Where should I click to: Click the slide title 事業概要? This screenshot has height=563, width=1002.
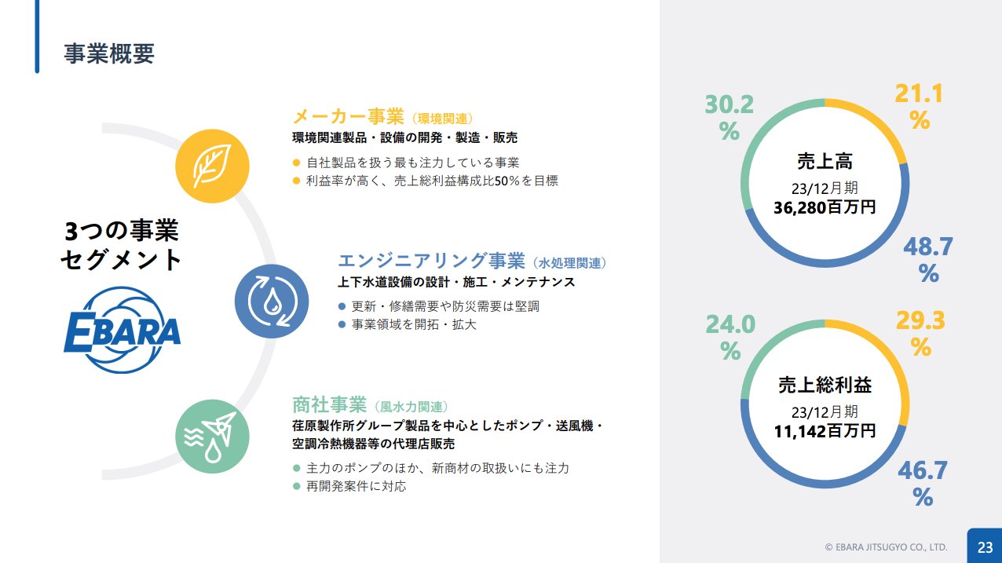click(109, 53)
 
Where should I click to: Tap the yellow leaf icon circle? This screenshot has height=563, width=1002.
click(212, 166)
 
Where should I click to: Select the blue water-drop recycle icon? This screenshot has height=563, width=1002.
click(272, 301)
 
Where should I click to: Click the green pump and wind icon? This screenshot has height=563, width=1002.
click(212, 437)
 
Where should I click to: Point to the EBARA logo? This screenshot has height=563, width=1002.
click(123, 330)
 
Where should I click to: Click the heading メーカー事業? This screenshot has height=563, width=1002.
click(348, 117)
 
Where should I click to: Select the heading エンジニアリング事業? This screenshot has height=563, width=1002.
click(431, 261)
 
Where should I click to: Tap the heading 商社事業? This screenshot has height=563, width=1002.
click(329, 404)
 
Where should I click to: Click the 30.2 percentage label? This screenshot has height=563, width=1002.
click(730, 118)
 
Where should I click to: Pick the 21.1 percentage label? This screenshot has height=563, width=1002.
click(920, 107)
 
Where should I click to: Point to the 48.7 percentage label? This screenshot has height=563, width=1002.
click(928, 259)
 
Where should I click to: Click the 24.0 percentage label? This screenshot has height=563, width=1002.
click(730, 338)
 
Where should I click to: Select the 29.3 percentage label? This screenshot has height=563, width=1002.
click(920, 334)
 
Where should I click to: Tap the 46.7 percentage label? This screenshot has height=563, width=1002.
click(923, 484)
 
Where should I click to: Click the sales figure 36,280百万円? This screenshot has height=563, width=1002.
click(825, 207)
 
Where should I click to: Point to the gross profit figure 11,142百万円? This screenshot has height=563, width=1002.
click(825, 431)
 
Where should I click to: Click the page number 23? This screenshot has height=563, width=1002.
click(985, 547)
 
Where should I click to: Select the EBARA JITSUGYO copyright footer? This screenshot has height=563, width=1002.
click(886, 547)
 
